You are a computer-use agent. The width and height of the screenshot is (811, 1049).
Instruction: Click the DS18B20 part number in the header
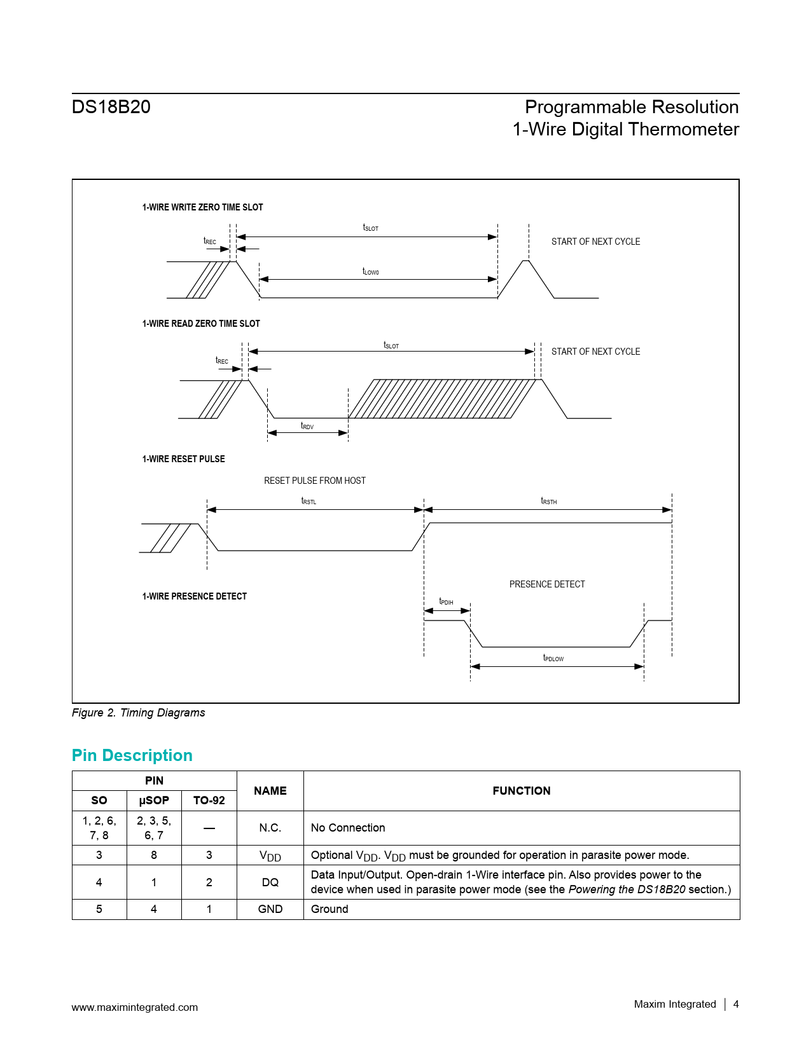(111, 107)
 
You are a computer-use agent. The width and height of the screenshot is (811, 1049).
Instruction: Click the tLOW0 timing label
(370, 271)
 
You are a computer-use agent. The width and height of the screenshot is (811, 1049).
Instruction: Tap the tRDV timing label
(307, 426)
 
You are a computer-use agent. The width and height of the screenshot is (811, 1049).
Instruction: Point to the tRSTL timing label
(308, 501)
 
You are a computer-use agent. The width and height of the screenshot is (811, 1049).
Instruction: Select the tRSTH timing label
(548, 501)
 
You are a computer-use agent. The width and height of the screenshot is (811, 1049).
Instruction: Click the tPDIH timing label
(446, 601)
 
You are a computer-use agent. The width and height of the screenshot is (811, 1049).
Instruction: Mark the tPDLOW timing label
(553, 658)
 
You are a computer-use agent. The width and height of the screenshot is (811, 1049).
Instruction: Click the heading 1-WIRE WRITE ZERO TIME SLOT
(202, 207)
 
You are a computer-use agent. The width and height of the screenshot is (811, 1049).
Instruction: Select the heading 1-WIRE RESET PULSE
(183, 459)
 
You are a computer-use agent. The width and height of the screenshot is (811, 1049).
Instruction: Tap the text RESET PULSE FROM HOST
(315, 481)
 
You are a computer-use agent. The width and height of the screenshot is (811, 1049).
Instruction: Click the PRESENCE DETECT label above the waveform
(547, 584)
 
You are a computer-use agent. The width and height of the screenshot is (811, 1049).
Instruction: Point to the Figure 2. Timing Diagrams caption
(139, 713)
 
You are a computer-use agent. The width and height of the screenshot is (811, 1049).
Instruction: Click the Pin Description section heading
(132, 755)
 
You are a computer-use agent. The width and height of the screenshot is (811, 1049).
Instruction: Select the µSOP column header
(154, 800)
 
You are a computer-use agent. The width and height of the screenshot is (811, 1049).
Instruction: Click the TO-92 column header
(209, 800)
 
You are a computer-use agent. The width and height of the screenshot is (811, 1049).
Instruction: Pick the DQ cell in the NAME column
(270, 882)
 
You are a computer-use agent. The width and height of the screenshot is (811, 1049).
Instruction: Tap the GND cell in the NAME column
(270, 909)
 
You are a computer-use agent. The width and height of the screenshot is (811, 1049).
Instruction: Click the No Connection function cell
(348, 828)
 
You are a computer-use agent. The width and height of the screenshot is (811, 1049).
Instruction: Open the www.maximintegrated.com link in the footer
(135, 1007)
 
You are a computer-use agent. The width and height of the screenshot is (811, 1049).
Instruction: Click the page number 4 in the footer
(736, 1004)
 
